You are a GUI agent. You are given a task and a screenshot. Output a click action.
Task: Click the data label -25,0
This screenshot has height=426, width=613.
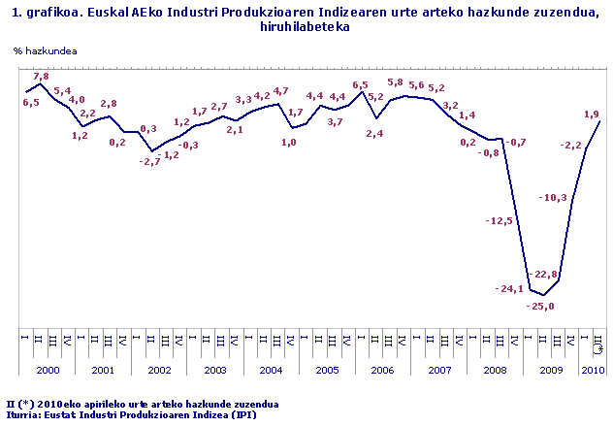point(540,307)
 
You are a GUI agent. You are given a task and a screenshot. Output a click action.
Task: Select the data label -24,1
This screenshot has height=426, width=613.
point(509,288)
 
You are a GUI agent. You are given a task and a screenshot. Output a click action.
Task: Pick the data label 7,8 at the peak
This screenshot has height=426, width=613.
point(42,76)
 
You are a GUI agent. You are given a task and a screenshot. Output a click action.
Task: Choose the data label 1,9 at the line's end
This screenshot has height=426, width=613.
point(591,115)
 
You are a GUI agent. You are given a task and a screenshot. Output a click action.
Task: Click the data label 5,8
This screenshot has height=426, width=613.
point(395,82)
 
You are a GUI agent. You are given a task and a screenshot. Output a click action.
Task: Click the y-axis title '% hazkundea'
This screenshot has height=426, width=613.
point(47,49)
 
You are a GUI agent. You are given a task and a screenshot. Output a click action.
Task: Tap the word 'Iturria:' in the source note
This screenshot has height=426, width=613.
point(25,414)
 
